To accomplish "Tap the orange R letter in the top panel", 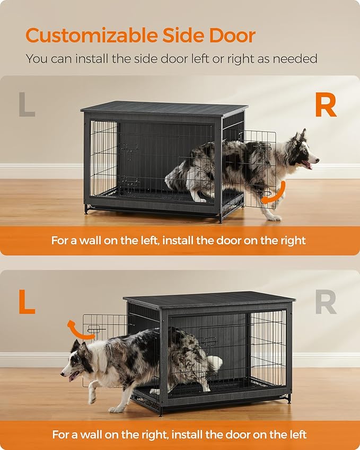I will [x=326, y=105].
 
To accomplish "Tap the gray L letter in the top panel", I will [x=27, y=105].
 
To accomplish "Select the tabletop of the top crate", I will [x=164, y=108].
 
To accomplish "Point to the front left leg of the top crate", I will [x=86, y=208].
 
